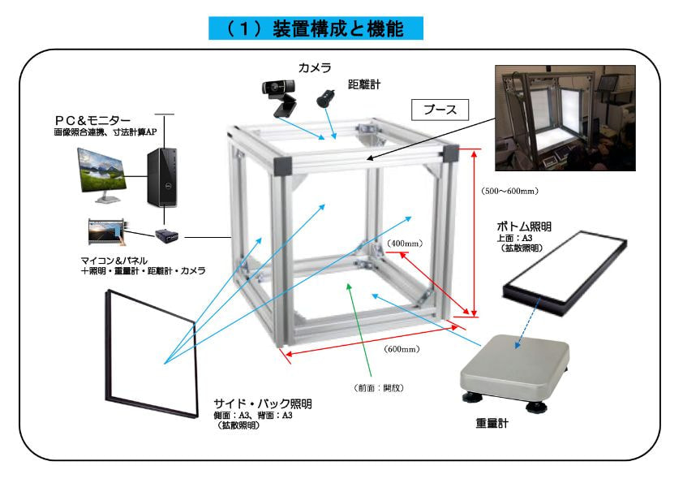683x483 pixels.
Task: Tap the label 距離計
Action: click(x=363, y=84)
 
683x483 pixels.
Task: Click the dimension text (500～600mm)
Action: click(x=510, y=192)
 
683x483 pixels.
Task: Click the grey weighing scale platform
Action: click(x=514, y=366)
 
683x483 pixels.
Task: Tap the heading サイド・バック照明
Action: click(x=263, y=403)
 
